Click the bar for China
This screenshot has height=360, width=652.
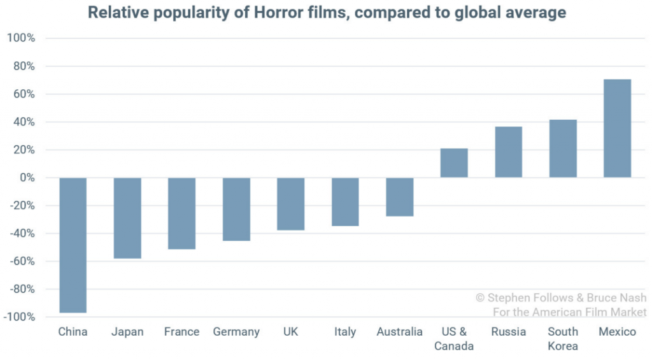click(73, 245)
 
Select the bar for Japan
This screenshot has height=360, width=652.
click(127, 218)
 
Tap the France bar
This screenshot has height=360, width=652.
click(181, 213)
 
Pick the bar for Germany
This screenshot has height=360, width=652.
click(236, 209)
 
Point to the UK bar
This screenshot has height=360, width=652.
click(291, 204)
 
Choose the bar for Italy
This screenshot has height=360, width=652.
click(345, 202)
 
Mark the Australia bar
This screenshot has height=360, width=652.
click(400, 197)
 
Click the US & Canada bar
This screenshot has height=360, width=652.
click(454, 163)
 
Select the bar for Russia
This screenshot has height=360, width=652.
click(509, 152)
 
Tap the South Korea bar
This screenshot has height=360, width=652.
click(563, 148)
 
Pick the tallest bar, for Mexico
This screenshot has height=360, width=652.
click(618, 129)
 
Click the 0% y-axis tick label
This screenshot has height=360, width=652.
click(26, 178)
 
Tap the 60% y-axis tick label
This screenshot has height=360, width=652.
click(23, 94)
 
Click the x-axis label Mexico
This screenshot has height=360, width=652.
click(618, 332)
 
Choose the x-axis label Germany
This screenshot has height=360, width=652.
click(236, 332)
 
